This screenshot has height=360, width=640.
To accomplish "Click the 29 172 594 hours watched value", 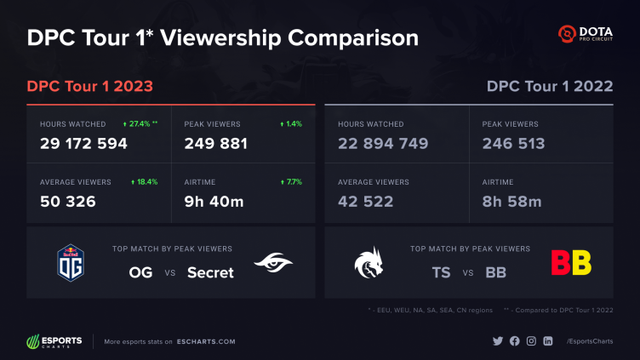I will pos(83,144).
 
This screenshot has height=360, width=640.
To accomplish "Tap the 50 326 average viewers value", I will pos(67,202).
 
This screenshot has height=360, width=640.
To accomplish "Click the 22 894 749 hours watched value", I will pos(382,144).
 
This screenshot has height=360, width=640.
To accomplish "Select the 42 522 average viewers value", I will pos(365,202).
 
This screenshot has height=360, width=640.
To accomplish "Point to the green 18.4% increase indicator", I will pos(145,182).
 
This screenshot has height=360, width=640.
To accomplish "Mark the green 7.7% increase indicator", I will pos(291,182).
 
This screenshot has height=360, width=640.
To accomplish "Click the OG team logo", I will pos(69,262).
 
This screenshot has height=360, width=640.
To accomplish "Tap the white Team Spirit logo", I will pos(369,262).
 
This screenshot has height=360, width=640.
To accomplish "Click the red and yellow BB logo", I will pos(571,262).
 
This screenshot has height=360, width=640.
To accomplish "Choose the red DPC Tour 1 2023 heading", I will pos(90,87).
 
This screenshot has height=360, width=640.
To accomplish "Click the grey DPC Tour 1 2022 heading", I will pos(549,87).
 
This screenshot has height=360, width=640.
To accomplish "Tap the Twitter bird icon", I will pos(498,341).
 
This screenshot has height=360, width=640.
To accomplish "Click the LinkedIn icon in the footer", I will pos(547,341).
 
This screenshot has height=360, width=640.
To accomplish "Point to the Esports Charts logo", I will pos(54,341).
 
